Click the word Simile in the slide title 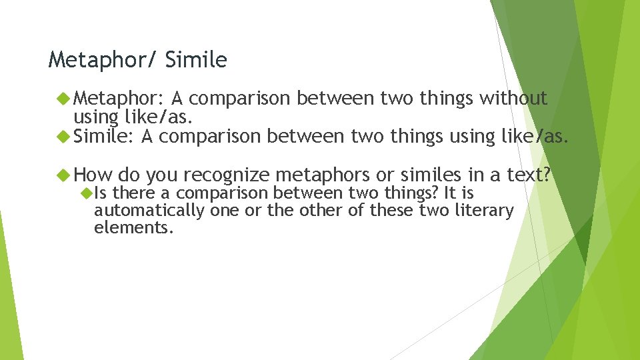(x=196, y=61)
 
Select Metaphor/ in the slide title (x=103, y=61)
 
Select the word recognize (x=226, y=175)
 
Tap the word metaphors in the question (x=323, y=175)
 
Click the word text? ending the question (x=529, y=175)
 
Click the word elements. (x=133, y=227)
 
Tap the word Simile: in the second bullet (x=104, y=137)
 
